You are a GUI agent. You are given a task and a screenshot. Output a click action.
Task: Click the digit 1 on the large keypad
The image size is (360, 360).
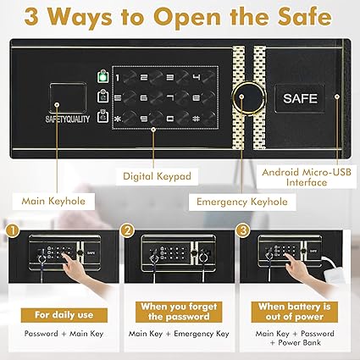pos(118,77)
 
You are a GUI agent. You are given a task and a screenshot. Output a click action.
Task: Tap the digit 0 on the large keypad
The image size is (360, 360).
pos(169,119)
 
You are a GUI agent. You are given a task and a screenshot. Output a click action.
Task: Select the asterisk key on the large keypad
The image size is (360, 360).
pos(118,119)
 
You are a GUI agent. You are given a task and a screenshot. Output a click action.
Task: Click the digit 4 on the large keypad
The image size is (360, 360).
pos(197,77)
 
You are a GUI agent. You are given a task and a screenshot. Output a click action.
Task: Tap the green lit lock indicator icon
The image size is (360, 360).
pos(103,76)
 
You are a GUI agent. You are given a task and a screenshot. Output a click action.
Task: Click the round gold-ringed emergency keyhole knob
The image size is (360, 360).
pos(249,97)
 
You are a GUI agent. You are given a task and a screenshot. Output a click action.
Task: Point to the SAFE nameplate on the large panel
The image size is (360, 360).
pos(300,98)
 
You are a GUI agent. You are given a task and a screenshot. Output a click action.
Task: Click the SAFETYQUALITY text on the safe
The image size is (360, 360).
pos(68,119)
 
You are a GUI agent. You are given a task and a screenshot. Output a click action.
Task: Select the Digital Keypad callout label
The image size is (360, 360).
pos(157,176)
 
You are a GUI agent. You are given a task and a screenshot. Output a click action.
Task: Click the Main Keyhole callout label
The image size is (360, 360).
pos(53,202)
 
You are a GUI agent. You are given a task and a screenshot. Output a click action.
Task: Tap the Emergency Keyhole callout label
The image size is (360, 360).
pos(242,202)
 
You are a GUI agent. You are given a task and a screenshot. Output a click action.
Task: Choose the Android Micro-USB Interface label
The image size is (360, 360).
pos(307,177)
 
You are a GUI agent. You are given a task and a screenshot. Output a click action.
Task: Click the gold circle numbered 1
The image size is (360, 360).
pos(13,230)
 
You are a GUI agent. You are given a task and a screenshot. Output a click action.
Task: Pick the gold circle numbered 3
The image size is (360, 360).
pos(243,230)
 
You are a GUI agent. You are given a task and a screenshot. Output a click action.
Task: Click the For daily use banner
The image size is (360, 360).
pos(64,315)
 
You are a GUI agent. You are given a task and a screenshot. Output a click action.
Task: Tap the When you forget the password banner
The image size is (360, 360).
pos(179,312)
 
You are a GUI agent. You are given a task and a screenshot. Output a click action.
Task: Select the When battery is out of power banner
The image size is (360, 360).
pos(295,312)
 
